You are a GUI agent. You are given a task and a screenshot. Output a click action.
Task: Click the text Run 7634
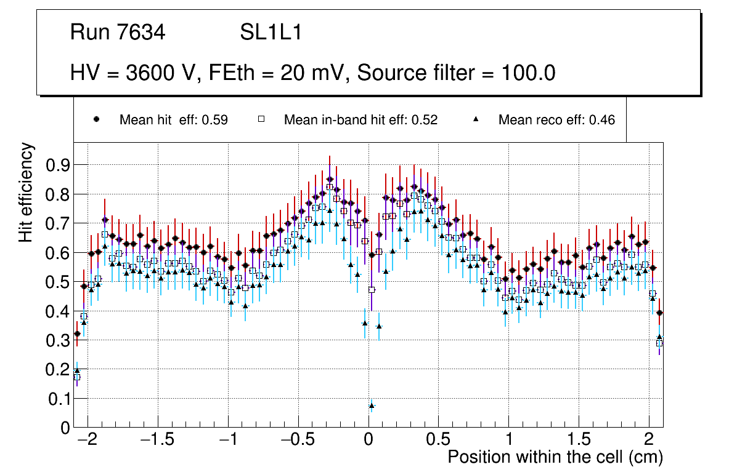click(x=118, y=33)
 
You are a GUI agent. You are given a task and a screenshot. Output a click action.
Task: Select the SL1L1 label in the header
click(x=271, y=33)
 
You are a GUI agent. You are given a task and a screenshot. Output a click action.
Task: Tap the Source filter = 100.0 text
click(x=457, y=73)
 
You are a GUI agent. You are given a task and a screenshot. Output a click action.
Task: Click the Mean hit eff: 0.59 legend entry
click(x=173, y=120)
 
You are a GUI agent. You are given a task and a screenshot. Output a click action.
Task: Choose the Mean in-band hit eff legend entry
click(x=360, y=120)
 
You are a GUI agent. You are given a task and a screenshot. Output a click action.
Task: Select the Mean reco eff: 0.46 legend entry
click(x=556, y=120)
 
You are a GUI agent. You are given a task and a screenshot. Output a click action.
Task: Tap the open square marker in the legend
click(x=261, y=119)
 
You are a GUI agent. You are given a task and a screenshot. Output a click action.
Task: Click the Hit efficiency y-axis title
click(x=26, y=192)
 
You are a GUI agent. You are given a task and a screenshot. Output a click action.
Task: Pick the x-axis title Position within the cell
click(x=555, y=457)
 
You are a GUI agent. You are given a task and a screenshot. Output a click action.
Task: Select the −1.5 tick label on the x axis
click(x=158, y=441)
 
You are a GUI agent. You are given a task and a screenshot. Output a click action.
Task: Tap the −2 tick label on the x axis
click(x=88, y=441)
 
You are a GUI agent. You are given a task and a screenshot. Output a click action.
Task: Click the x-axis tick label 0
click(x=368, y=441)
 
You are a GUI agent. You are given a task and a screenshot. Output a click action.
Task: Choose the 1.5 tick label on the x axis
click(x=579, y=441)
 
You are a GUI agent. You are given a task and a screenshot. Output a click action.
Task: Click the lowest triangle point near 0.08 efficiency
click(x=372, y=405)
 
